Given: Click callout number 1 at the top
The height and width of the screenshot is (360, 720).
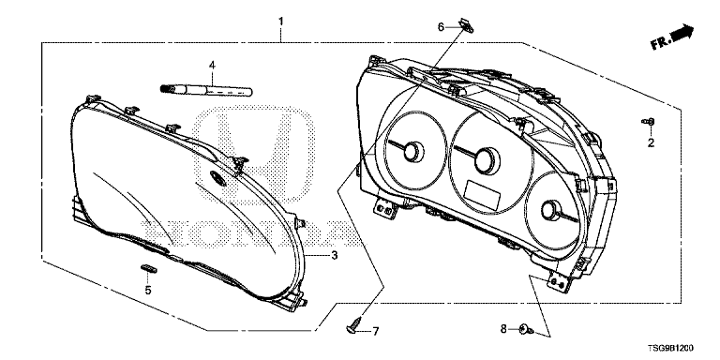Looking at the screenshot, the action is (x=281, y=22).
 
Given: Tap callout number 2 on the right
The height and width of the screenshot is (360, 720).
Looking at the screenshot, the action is (x=651, y=143).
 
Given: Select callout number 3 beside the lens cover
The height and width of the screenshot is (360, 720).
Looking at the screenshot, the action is (x=335, y=255).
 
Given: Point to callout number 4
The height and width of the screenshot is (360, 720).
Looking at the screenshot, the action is (x=212, y=66).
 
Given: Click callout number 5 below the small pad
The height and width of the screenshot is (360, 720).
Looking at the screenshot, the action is (x=148, y=291).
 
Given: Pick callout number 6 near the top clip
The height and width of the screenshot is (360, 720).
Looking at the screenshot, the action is (x=441, y=27).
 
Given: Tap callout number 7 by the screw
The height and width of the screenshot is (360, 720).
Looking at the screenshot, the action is (x=375, y=331).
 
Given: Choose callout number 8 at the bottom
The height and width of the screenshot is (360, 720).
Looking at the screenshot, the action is (x=502, y=329).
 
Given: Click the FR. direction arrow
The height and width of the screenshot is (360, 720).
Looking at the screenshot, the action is (x=672, y=37).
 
